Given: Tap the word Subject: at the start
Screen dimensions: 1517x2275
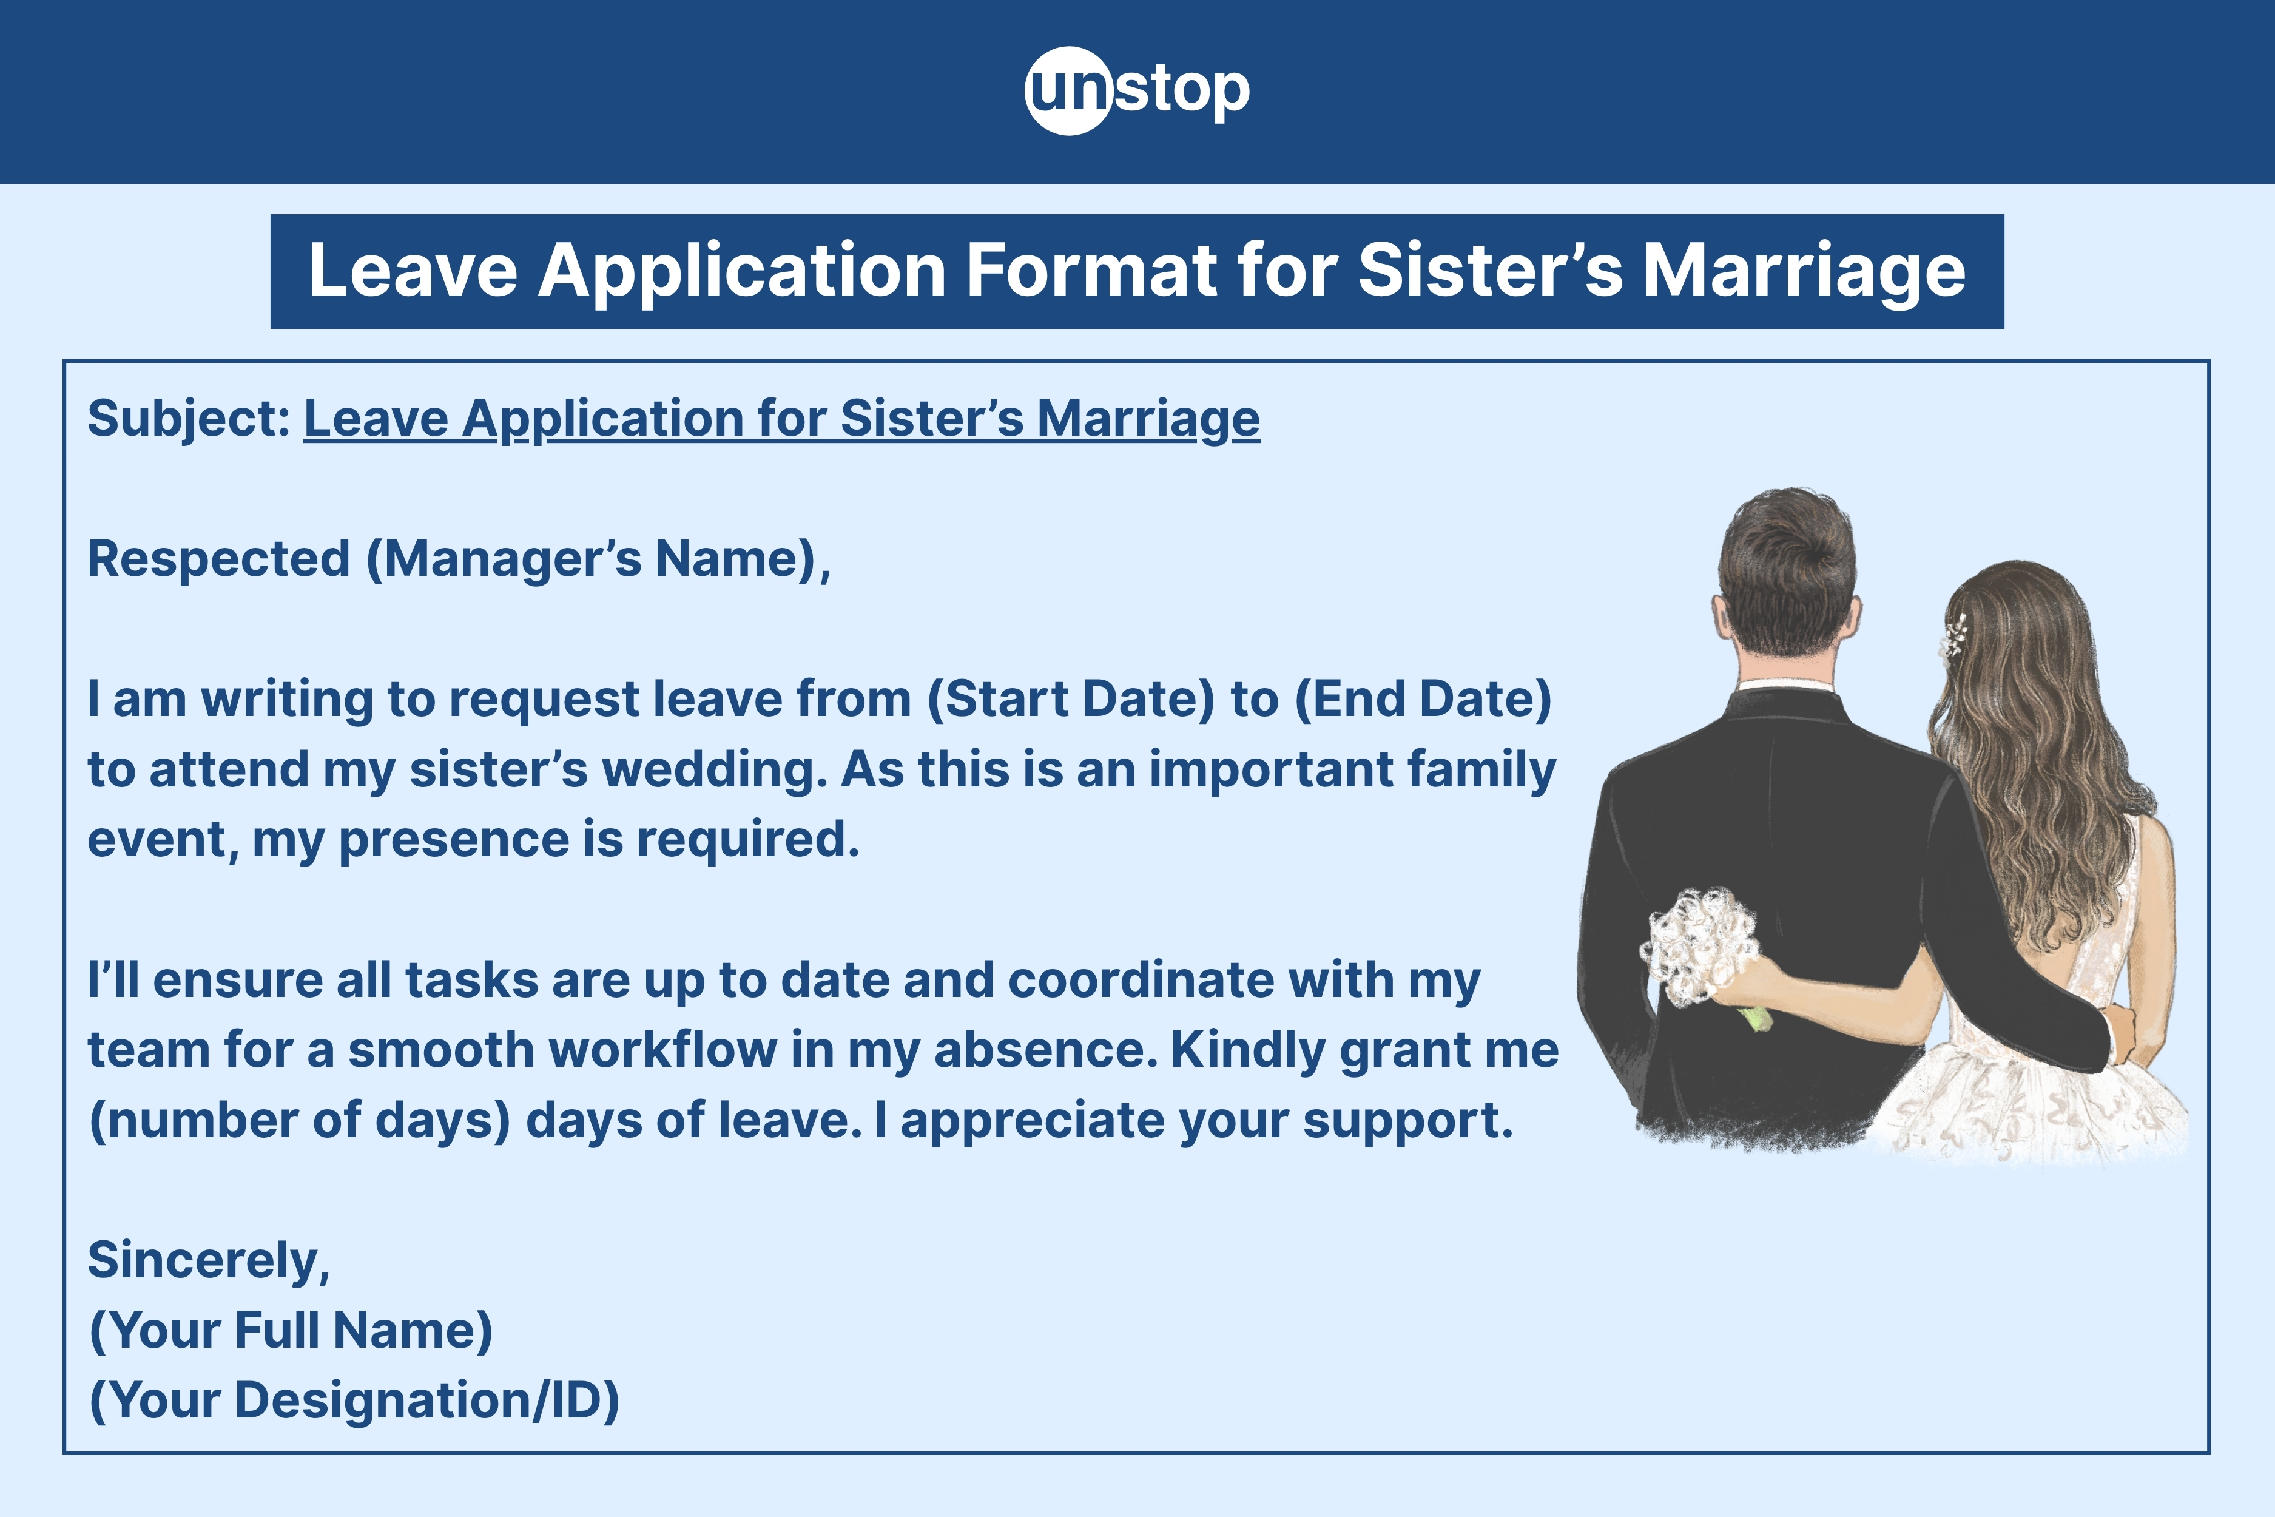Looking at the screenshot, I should coord(189,419).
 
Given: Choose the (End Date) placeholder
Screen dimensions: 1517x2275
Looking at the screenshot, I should coord(1422,698).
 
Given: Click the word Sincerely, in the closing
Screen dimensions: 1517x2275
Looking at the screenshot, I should coord(209,1260).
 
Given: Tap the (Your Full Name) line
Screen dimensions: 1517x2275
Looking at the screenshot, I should coord(290,1330).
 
